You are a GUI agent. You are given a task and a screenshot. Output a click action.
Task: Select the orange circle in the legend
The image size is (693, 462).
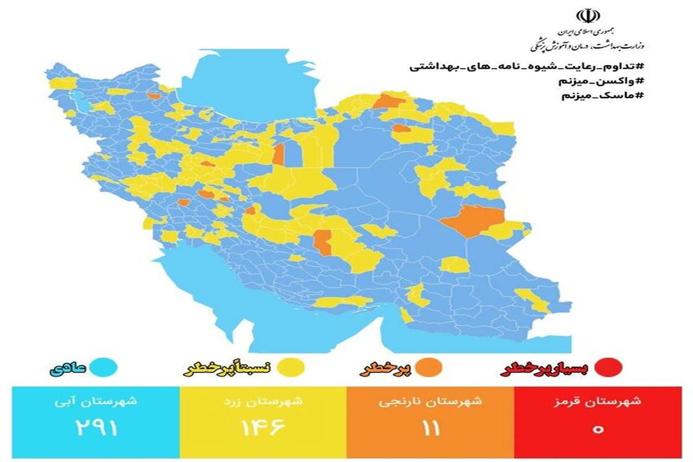coord(432,367)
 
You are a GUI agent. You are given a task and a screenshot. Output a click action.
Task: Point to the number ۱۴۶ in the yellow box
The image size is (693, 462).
coord(263,429)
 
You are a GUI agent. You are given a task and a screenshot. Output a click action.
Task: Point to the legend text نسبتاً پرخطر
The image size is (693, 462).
coord(231,368)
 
